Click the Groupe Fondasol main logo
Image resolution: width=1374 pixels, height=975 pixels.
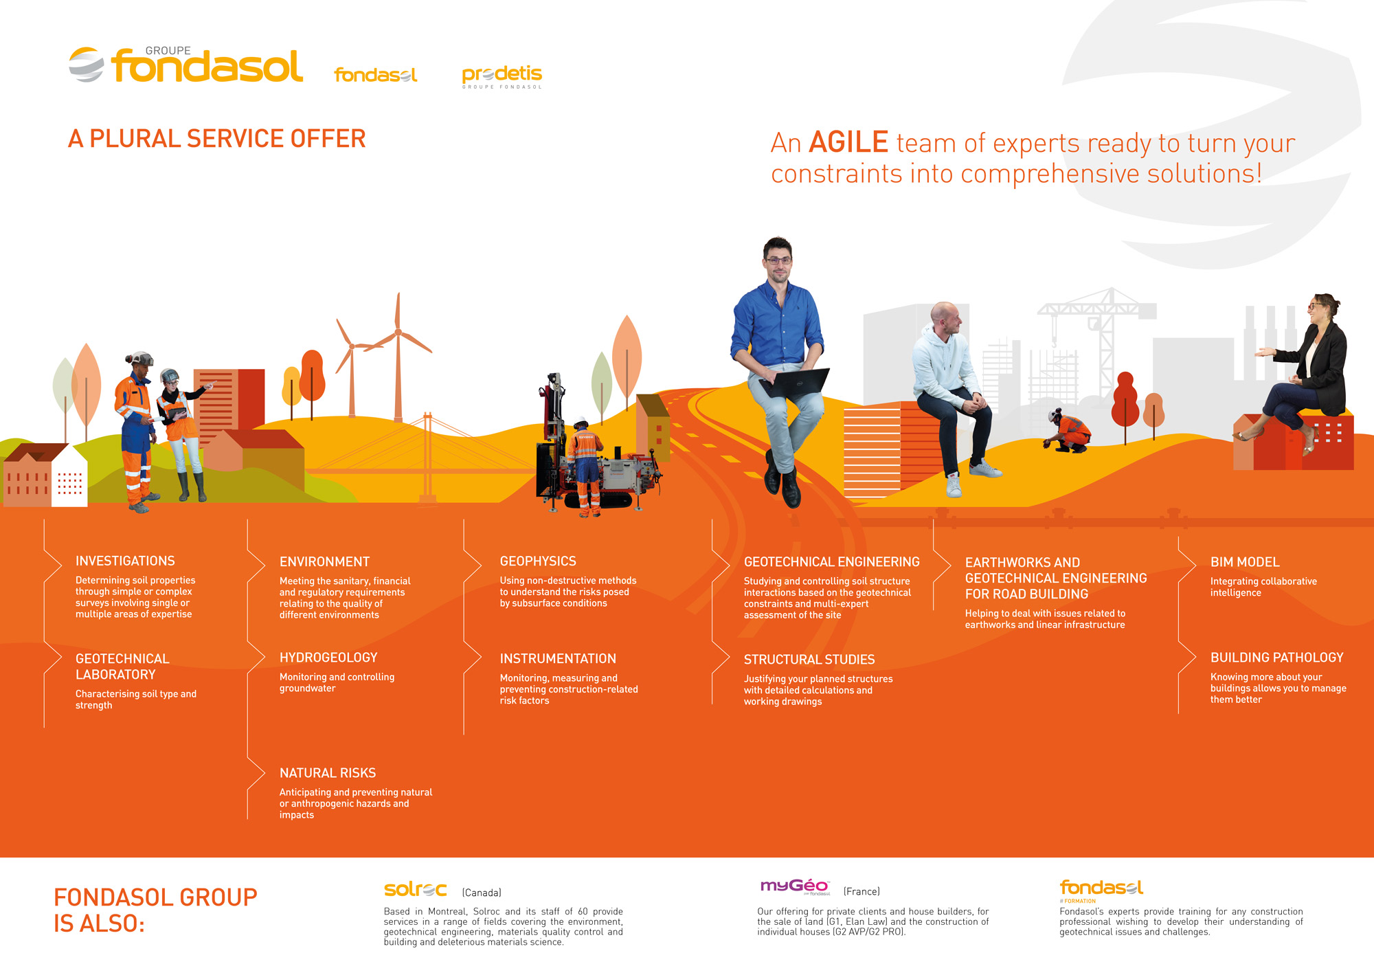[186, 65]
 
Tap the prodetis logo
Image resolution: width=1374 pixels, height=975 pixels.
[502, 75]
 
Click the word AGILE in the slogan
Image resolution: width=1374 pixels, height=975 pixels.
[848, 143]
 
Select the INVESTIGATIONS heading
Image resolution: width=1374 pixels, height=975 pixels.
[125, 561]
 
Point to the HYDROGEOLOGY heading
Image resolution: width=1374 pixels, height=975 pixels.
[328, 658]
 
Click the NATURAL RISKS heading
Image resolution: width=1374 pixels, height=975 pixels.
[328, 773]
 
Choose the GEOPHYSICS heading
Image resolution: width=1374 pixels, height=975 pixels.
[538, 561]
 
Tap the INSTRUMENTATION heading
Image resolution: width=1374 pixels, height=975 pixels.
[558, 658]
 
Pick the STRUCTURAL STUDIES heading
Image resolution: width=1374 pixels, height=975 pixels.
[809, 660]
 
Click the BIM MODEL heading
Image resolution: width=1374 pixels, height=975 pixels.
[1245, 562]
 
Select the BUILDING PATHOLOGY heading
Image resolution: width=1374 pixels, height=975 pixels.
[1276, 658]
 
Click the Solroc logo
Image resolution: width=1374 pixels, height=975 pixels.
[415, 890]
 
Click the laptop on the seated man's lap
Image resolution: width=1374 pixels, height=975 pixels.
[797, 382]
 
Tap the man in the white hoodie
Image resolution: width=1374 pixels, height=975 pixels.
[951, 385]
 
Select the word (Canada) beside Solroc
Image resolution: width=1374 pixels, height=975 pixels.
[482, 893]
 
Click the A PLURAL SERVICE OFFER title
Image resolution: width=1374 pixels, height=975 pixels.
[216, 139]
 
